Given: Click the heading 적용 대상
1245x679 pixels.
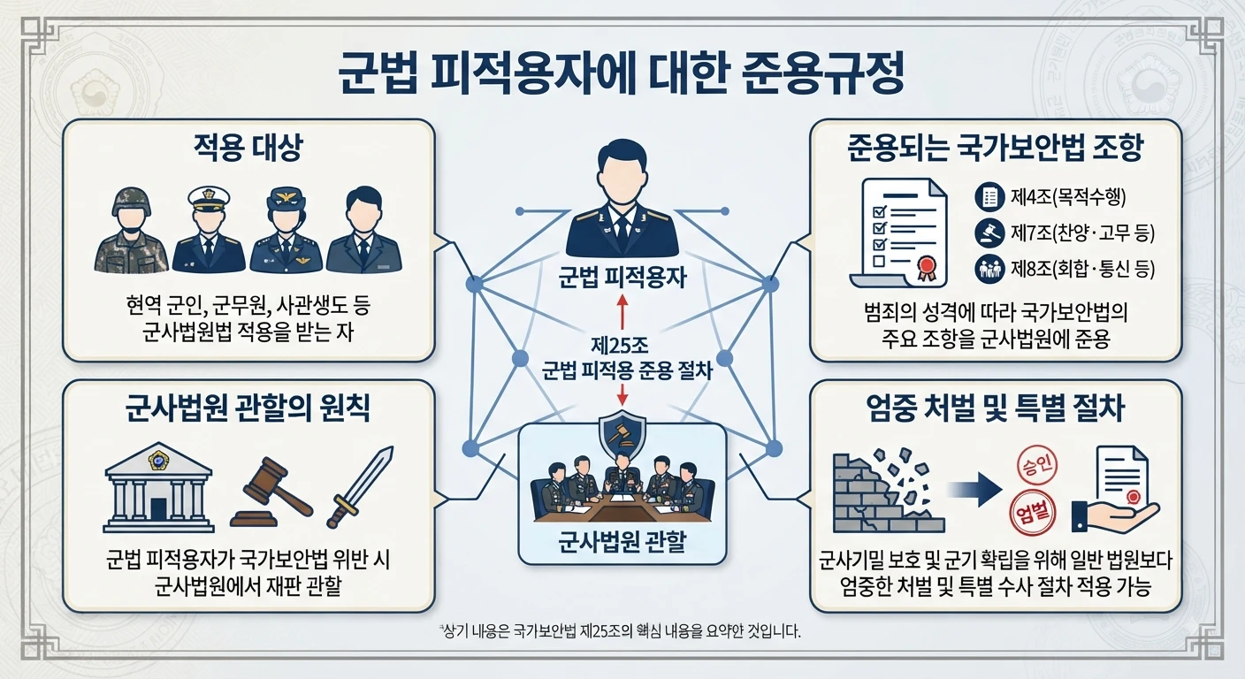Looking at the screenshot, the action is pyautogui.click(x=248, y=148).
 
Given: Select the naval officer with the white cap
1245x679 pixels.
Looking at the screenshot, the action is pyautogui.click(x=209, y=229).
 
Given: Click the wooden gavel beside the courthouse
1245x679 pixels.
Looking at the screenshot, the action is pyautogui.click(x=271, y=492).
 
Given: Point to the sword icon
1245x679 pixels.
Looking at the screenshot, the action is pyautogui.click(x=360, y=487).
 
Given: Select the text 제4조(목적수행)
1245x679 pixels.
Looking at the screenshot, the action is pyautogui.click(x=1067, y=196).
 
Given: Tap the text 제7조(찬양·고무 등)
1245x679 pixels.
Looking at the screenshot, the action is pyautogui.click(x=1082, y=233).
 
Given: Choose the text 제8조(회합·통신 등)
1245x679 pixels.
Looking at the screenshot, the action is pyautogui.click(x=1082, y=269).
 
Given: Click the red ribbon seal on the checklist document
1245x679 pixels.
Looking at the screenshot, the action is pyautogui.click(x=927, y=269).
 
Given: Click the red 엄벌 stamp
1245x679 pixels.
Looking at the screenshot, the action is pyautogui.click(x=1033, y=513).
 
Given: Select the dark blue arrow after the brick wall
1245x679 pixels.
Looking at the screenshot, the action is pyautogui.click(x=976, y=490).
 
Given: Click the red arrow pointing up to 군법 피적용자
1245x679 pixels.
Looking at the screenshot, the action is pyautogui.click(x=622, y=312).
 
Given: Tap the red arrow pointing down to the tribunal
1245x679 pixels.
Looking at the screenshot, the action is pyautogui.click(x=622, y=393).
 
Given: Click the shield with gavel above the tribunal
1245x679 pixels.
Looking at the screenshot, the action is pyautogui.click(x=622, y=433).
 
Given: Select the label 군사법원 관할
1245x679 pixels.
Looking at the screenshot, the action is pyautogui.click(x=622, y=542).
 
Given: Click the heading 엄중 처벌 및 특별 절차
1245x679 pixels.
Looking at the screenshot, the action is pyautogui.click(x=995, y=408).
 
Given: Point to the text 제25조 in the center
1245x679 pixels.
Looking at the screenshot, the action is pyautogui.click(x=620, y=346).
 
